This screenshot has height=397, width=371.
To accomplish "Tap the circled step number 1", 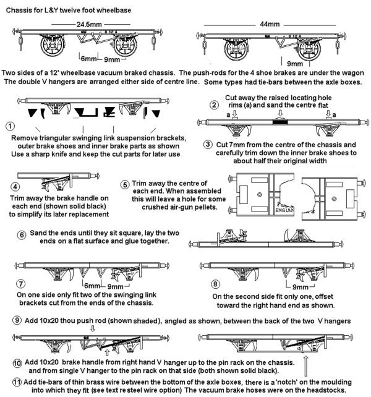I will click(x=9, y=126).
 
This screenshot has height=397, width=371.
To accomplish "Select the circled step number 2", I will click(x=214, y=105).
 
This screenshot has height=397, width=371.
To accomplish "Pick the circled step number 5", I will click(x=126, y=184).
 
